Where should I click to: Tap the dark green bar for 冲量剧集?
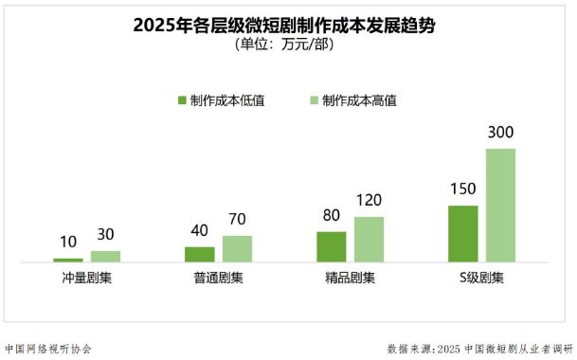pyautogui.click(x=68, y=259)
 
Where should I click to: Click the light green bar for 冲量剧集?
pyautogui.click(x=105, y=256)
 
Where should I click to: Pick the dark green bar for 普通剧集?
pyautogui.click(x=199, y=253)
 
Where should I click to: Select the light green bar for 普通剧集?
pyautogui.click(x=237, y=248)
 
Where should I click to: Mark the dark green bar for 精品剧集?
pyautogui.click(x=331, y=245)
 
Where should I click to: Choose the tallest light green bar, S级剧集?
pyautogui.click(x=500, y=205)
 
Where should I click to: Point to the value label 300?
pyautogui.click(x=500, y=133)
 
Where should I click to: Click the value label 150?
pyautogui.click(x=462, y=189)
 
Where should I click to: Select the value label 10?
pyautogui.click(x=68, y=242)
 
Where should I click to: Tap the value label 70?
pyautogui.click(x=237, y=220)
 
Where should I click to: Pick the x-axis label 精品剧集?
pyautogui.click(x=350, y=279)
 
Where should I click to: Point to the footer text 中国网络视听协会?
pyautogui.click(x=48, y=348)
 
